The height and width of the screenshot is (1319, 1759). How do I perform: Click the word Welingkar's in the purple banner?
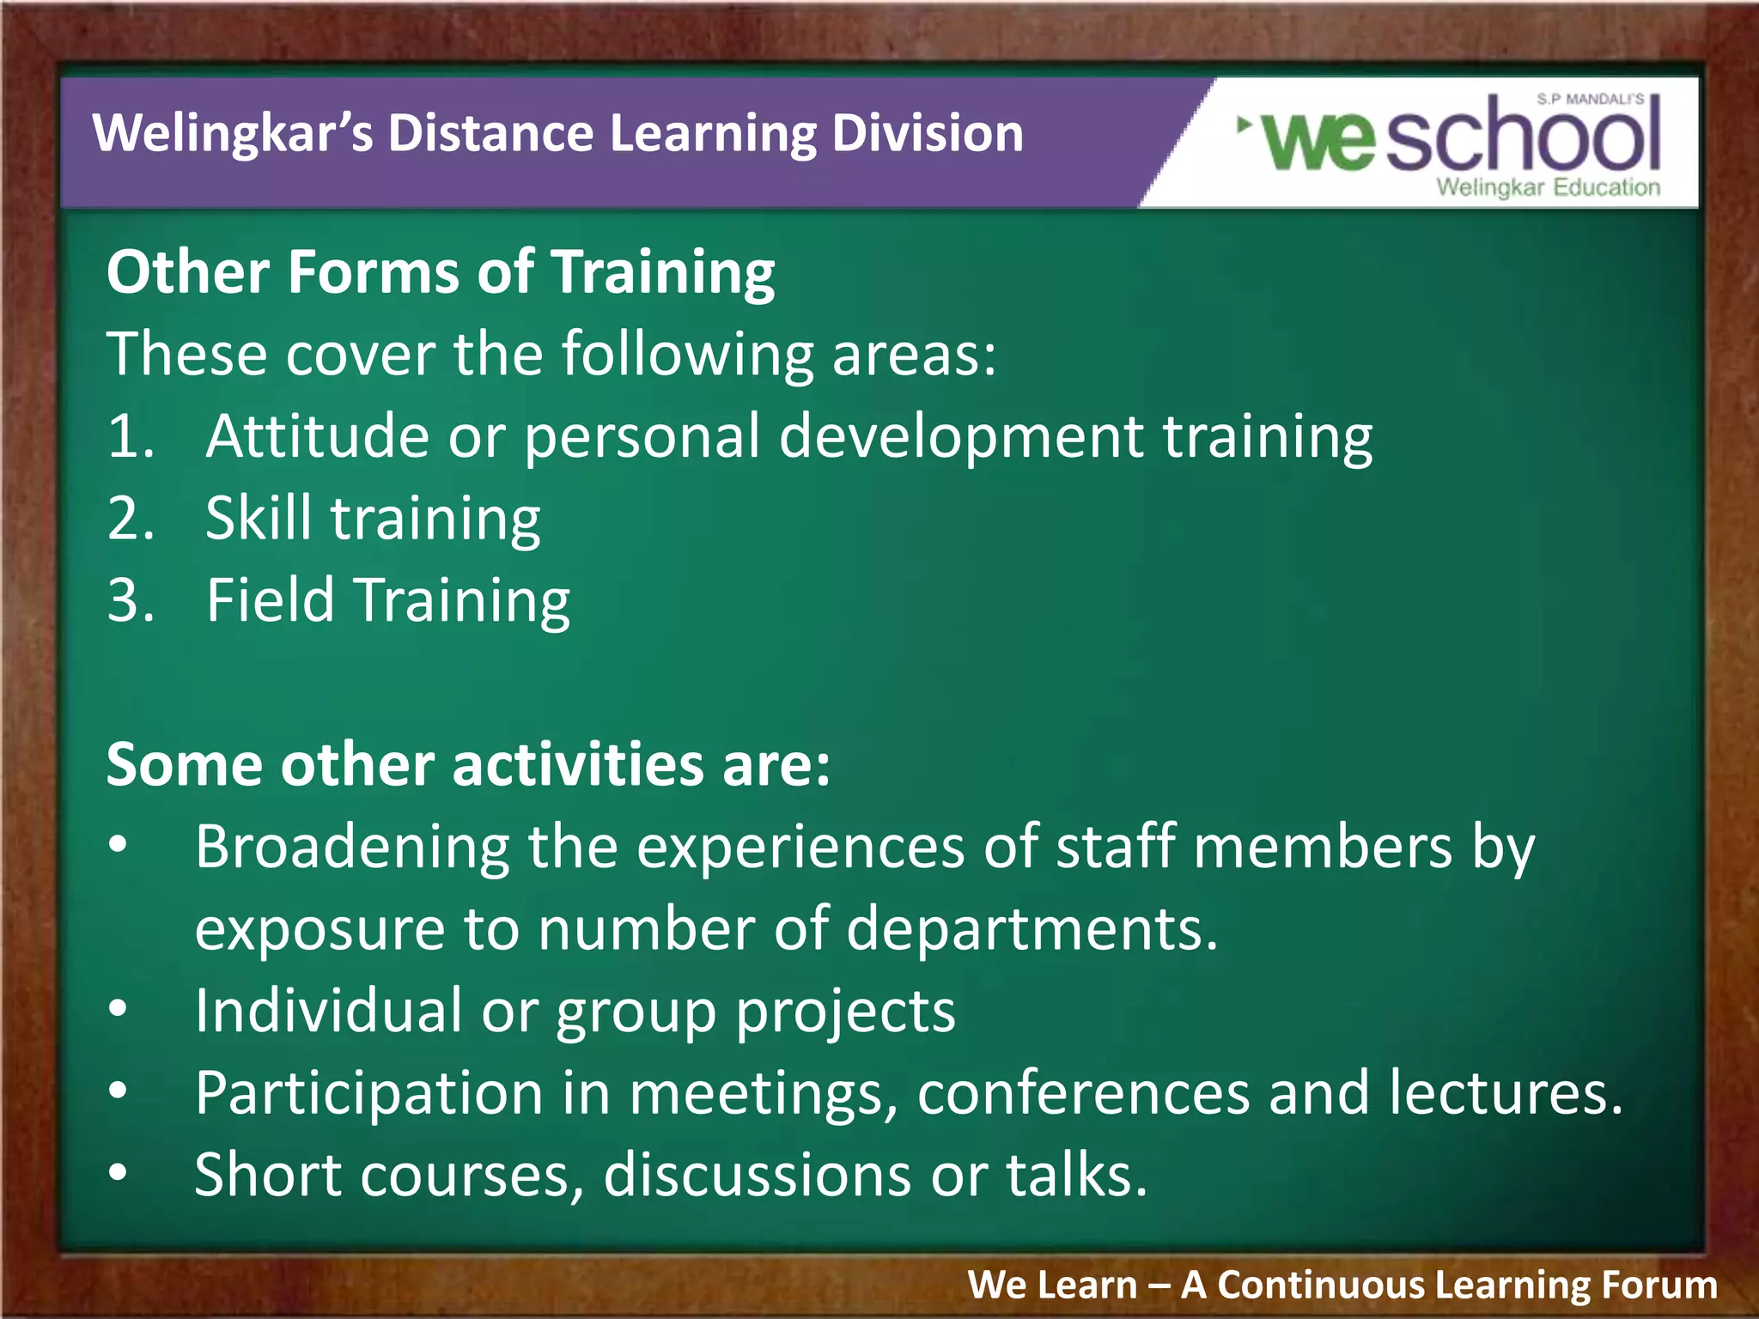pos(232,135)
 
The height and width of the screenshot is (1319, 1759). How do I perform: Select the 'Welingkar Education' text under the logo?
pos(1548,187)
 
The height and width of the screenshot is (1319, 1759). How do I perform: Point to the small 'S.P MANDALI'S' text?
pos(1590,100)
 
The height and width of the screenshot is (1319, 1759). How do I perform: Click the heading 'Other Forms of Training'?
pos(440,273)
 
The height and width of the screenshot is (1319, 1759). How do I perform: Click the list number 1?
pos(130,436)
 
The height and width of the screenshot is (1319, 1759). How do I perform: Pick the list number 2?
pos(130,519)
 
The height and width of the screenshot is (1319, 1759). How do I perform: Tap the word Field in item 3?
pos(270,600)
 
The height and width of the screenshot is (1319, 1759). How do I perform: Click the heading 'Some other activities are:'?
pos(468,764)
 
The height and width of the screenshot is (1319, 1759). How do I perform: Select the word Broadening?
pos(352,848)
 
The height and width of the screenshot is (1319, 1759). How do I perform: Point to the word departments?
pos(1031,930)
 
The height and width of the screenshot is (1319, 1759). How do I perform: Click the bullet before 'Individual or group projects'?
pos(119,1009)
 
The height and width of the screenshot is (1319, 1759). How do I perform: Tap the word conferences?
pos(1082,1093)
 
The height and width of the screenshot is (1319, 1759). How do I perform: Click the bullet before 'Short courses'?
pos(119,1173)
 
